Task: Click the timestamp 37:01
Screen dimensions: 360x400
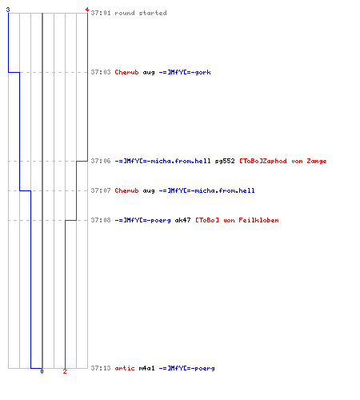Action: [x=101, y=13]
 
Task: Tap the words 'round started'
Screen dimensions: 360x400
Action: [x=141, y=13]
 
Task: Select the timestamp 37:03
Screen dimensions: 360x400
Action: [x=101, y=72]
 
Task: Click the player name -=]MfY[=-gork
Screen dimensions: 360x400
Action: [x=185, y=72]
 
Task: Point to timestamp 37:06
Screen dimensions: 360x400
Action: [x=101, y=161]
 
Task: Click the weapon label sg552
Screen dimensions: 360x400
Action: [x=225, y=161]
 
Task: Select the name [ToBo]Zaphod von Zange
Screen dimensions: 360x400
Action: [x=283, y=161]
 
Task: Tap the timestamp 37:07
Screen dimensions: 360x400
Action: [x=101, y=190]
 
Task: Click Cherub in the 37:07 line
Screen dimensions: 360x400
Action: [x=126, y=190]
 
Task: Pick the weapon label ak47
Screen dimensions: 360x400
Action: [x=182, y=220]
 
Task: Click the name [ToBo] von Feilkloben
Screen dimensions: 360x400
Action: [x=237, y=220]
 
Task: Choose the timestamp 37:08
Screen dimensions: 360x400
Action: [x=101, y=220]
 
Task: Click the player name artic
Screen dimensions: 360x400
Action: [x=125, y=368]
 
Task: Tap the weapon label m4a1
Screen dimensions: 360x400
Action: [x=146, y=368]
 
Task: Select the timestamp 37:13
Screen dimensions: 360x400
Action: [x=101, y=368]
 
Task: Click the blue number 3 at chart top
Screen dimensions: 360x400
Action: [x=8, y=10]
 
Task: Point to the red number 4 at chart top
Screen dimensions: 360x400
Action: [x=87, y=10]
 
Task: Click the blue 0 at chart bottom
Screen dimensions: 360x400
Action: [x=42, y=371]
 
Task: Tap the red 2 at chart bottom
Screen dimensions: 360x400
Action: [x=65, y=371]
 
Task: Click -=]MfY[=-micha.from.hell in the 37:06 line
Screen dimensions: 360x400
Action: [x=162, y=161]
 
